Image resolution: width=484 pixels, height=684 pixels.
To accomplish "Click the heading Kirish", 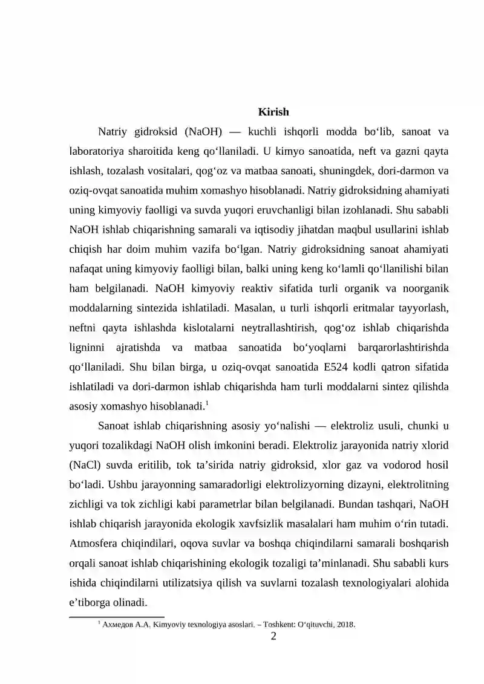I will [273, 112].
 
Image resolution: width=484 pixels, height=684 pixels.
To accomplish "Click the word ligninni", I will [88, 347].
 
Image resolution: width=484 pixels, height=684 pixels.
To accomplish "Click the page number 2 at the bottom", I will [273, 636].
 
